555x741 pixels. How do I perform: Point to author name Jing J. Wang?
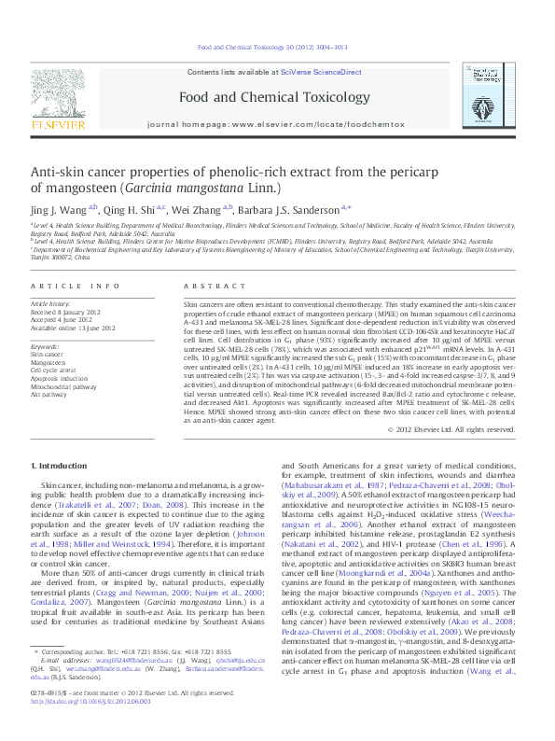pyautogui.click(x=62, y=213)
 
